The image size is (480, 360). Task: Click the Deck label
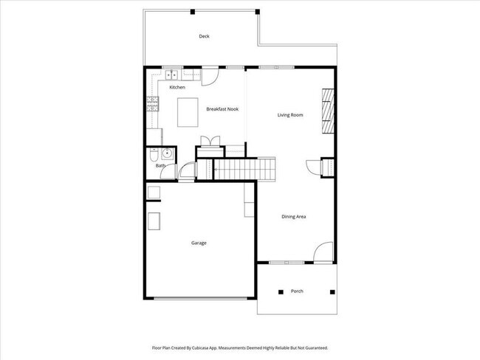click(x=205, y=36)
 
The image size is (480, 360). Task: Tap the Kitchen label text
click(x=177, y=88)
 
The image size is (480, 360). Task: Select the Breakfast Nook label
click(x=222, y=109)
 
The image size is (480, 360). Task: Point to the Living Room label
click(x=290, y=115)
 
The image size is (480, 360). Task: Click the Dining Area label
click(x=293, y=217)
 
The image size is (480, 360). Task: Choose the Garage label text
click(x=199, y=243)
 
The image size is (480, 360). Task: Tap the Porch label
click(x=296, y=291)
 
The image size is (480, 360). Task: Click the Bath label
click(x=160, y=166)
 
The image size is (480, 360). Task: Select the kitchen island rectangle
click(x=190, y=114)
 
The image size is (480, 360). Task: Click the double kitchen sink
click(x=171, y=74)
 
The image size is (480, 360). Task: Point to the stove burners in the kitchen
click(x=152, y=104)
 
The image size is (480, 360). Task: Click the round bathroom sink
click(x=168, y=154)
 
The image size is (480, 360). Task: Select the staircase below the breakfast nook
click(x=244, y=170)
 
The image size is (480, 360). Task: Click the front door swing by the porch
click(x=322, y=253)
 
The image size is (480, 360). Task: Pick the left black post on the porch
click(x=280, y=292)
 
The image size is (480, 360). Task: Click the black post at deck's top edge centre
click(x=193, y=11)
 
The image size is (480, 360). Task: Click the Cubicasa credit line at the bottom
click(x=240, y=347)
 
